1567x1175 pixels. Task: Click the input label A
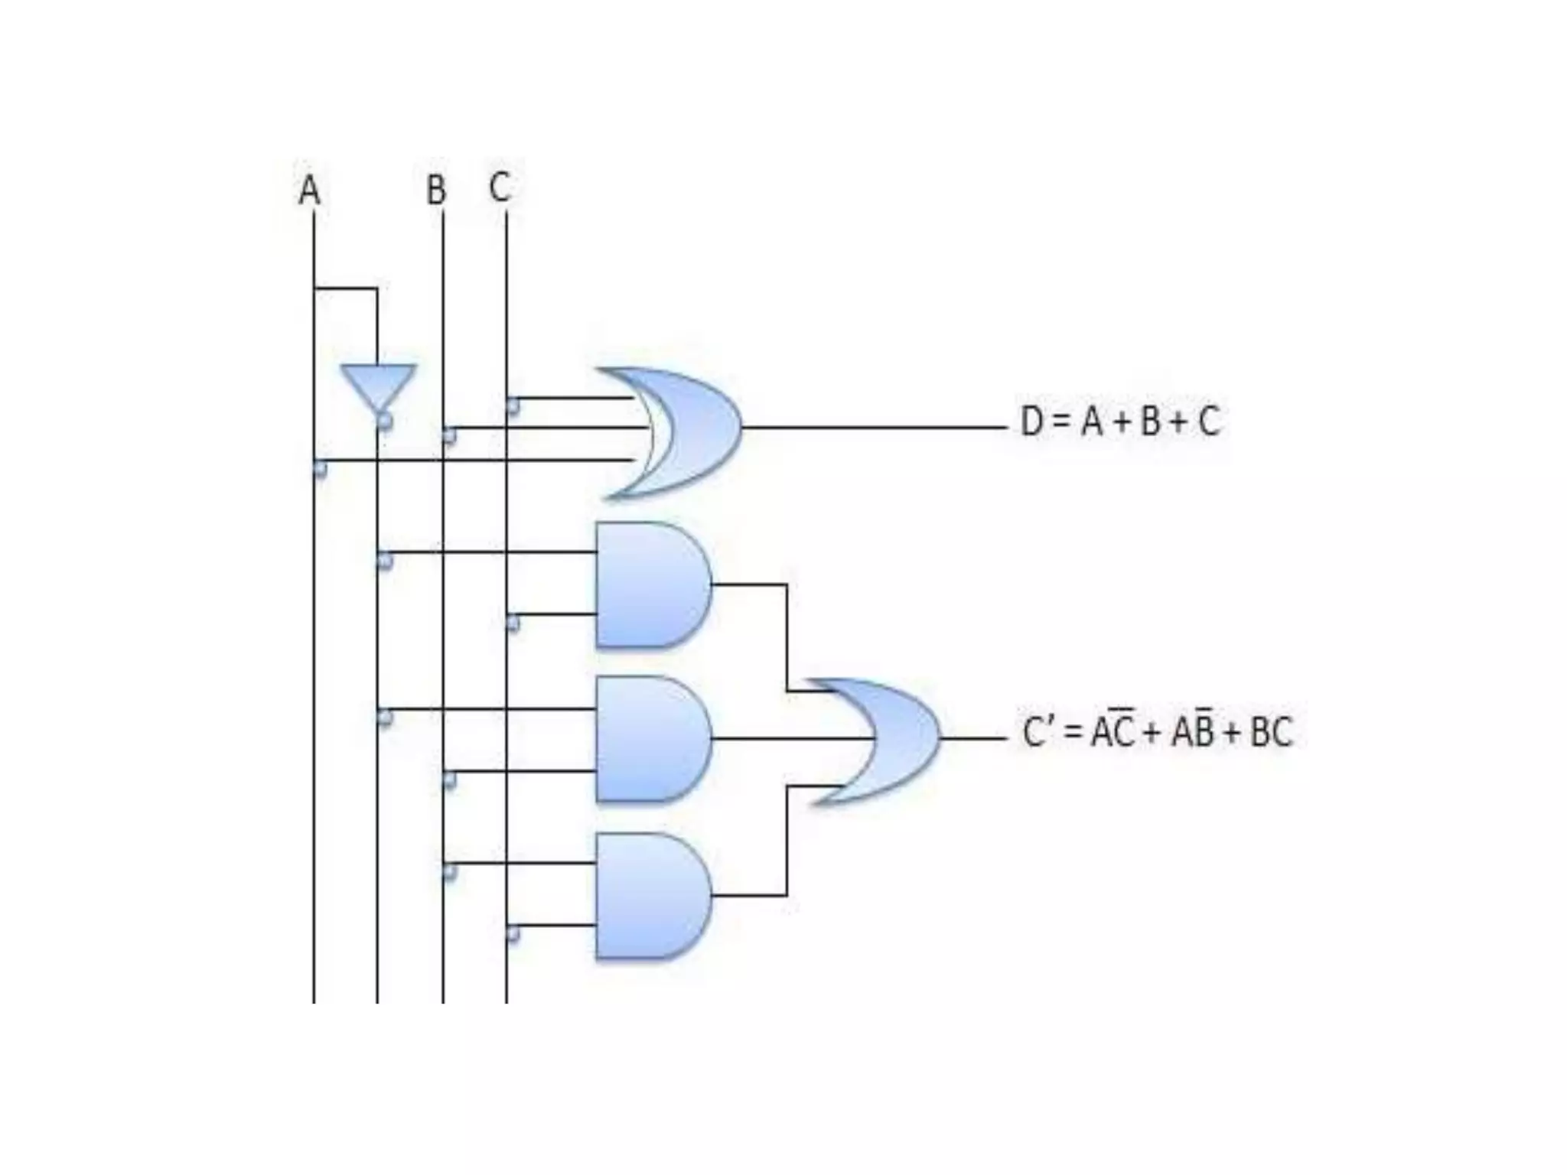[x=308, y=190]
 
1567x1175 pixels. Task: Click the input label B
[x=436, y=190]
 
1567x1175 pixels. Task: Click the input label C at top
[x=500, y=187]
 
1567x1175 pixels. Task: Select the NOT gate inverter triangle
[x=378, y=386]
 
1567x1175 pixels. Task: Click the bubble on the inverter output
[x=384, y=421]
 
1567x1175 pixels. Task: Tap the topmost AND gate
[x=650, y=585]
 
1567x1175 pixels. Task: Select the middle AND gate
[x=650, y=739]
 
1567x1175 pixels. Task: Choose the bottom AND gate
[x=650, y=895]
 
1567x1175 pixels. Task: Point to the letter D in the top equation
[x=1031, y=422]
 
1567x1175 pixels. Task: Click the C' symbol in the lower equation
[x=1040, y=732]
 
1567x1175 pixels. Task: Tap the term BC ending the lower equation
[x=1270, y=732]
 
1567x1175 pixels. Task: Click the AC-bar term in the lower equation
[x=1112, y=731]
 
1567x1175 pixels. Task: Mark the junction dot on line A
[x=320, y=468]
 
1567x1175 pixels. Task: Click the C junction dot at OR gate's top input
[x=513, y=406]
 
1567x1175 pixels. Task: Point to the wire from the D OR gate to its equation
[x=872, y=428]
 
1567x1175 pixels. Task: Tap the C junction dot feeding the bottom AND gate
[x=513, y=934]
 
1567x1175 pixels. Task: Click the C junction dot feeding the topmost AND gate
[x=513, y=623]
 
